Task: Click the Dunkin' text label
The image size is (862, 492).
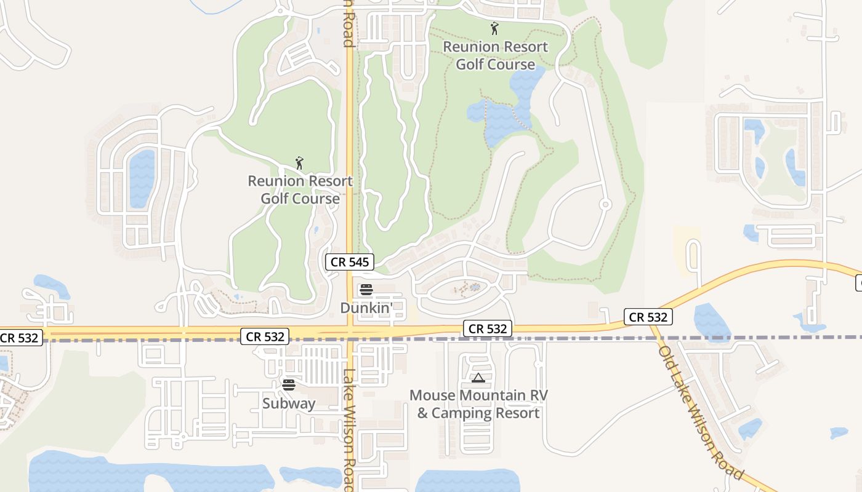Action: (x=366, y=307)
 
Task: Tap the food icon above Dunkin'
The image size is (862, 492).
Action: (x=366, y=290)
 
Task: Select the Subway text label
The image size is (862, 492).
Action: (x=289, y=403)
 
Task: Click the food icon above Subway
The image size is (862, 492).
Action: (x=289, y=385)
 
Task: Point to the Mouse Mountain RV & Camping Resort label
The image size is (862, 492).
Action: (x=478, y=404)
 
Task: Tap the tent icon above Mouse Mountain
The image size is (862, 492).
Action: (x=478, y=378)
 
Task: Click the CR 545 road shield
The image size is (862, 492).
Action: (x=350, y=262)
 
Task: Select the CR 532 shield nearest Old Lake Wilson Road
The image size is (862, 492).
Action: (x=648, y=317)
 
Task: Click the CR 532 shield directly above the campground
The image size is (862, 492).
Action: (x=488, y=329)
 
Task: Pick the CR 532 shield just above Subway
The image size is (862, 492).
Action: (x=265, y=336)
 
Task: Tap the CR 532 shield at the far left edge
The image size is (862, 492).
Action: (x=20, y=338)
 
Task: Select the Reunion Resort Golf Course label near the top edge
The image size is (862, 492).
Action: (x=495, y=55)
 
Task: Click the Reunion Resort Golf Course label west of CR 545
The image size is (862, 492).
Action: (x=300, y=189)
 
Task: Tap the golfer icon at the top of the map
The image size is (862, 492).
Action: (x=494, y=28)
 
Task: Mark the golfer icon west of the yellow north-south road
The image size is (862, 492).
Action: (x=299, y=163)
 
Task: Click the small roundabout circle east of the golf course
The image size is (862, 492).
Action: (x=605, y=204)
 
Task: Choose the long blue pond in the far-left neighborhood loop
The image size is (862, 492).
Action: (x=142, y=178)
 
